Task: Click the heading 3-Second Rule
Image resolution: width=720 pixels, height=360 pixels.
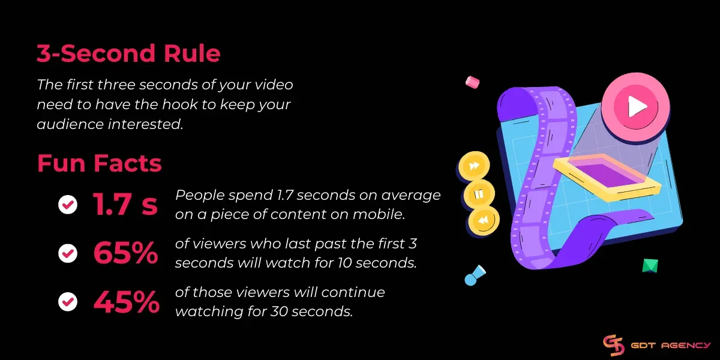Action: [x=128, y=54]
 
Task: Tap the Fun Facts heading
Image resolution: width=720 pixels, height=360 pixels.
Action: [x=100, y=163]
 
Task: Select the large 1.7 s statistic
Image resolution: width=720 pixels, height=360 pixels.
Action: [x=125, y=205]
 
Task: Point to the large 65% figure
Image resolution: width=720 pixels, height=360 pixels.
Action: [x=125, y=253]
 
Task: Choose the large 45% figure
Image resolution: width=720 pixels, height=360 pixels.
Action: [x=126, y=302]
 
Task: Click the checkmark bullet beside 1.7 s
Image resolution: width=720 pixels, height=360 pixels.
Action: [x=68, y=205]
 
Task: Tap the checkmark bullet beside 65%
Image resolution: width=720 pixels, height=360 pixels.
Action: [x=68, y=254]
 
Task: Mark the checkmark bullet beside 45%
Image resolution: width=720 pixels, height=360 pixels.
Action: [x=68, y=302]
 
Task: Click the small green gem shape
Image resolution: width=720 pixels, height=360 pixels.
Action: [x=650, y=266]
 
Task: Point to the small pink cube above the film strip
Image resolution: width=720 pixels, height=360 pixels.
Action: [x=473, y=81]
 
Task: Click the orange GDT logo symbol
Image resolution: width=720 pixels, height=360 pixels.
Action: [x=614, y=346]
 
